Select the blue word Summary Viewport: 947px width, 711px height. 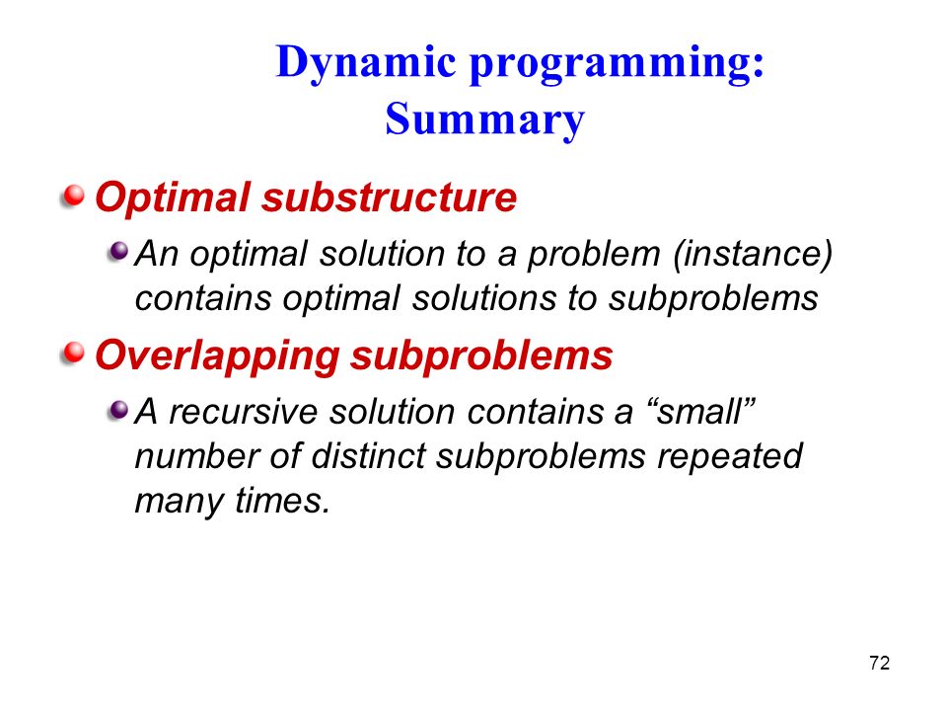[485, 120]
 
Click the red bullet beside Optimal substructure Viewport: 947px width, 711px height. [73, 197]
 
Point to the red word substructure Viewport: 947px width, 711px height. [390, 197]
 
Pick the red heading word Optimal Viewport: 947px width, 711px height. [173, 198]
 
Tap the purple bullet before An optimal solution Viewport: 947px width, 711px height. [118, 252]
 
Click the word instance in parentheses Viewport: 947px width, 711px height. [753, 254]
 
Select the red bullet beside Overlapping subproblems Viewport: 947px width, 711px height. [73, 354]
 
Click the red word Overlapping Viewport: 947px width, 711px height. [217, 355]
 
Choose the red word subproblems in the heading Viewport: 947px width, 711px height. [482, 355]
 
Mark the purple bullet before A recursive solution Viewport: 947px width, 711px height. [118, 411]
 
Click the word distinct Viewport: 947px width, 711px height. [368, 456]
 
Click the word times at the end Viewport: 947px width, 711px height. [283, 501]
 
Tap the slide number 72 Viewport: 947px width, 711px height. [879, 664]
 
